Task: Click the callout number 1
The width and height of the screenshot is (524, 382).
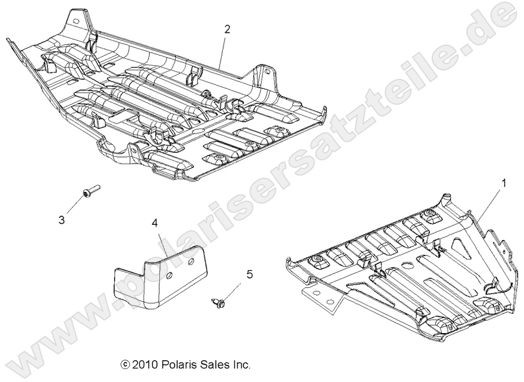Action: click(x=503, y=184)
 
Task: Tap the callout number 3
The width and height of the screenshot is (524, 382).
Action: click(x=62, y=220)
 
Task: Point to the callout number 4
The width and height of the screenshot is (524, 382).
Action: click(x=155, y=223)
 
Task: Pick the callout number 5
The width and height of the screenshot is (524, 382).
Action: click(x=249, y=274)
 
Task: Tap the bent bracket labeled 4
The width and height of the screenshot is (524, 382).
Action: click(x=159, y=277)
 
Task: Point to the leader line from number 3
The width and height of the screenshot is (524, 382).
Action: click(x=75, y=206)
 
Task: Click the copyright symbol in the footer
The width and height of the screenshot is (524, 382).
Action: click(x=124, y=365)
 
